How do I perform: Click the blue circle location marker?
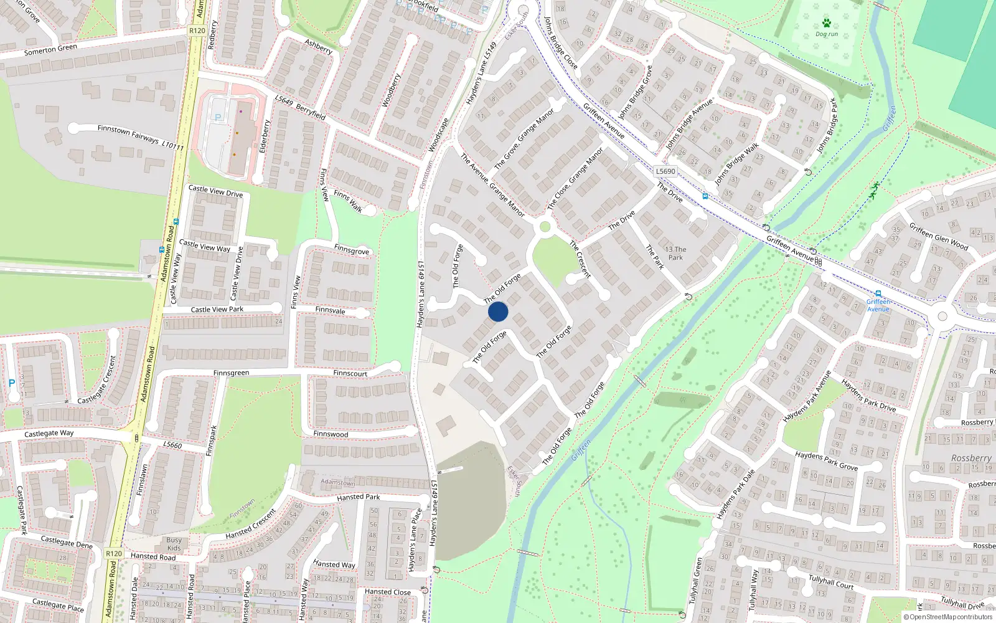coord(498,311)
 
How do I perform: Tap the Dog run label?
coord(827,34)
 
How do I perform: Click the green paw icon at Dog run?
coord(827,23)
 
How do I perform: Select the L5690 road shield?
coord(665,171)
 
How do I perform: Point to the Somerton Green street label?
coord(51,50)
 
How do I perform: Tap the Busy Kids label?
coord(174,544)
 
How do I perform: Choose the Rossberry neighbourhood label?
coord(971,458)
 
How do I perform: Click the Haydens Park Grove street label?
coord(826,461)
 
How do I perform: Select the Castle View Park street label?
coord(217,310)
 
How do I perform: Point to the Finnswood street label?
coord(331,434)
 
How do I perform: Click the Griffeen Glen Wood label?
coord(938,236)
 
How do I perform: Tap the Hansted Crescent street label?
coord(250,525)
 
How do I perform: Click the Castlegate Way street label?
coord(49,434)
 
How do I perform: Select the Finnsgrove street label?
coord(352,250)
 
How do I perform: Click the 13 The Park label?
coord(675,253)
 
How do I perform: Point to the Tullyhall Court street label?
coord(831,582)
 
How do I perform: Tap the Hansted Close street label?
coord(388,592)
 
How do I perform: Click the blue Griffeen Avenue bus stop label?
coord(878,305)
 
